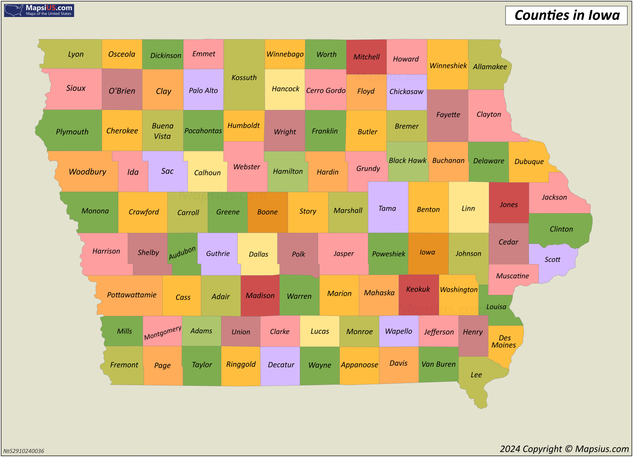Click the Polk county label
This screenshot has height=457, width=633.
click(x=298, y=254)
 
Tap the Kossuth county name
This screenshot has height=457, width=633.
click(x=244, y=77)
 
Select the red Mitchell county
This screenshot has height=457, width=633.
click(x=366, y=57)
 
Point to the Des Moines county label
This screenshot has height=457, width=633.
click(x=504, y=341)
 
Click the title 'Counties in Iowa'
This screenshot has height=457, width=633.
click(x=567, y=15)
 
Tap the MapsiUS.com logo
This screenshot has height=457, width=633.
click(x=39, y=10)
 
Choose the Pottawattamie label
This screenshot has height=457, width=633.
click(x=132, y=295)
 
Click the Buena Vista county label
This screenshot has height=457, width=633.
click(x=163, y=131)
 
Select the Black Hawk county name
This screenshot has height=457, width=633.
click(x=407, y=161)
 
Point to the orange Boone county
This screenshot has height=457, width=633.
click(x=267, y=212)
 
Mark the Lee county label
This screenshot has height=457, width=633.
click(x=476, y=375)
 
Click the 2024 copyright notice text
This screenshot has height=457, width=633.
click(x=564, y=449)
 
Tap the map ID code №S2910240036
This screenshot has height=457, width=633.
click(x=24, y=451)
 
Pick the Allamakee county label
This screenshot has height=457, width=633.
click(x=490, y=67)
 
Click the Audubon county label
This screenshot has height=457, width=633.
click(x=182, y=253)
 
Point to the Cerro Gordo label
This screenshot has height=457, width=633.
click(x=326, y=91)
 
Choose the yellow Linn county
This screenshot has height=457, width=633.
click(x=468, y=208)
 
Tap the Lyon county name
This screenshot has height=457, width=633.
click(x=76, y=54)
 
